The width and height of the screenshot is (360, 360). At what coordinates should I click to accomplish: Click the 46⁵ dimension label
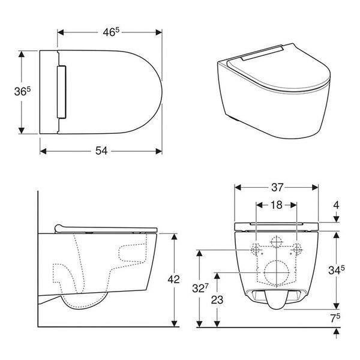(x=111, y=32)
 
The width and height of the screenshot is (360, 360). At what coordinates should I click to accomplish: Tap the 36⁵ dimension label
(x=22, y=91)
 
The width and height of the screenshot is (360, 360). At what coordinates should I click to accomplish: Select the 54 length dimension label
(x=101, y=151)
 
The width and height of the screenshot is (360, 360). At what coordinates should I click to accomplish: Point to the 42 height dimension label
(x=173, y=279)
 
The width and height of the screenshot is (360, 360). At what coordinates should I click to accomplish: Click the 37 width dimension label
(x=277, y=187)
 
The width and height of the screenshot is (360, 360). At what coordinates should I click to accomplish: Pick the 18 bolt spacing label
(x=277, y=205)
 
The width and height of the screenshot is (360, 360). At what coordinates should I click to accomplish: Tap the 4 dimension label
(x=337, y=205)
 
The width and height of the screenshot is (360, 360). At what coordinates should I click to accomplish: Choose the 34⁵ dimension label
(x=337, y=270)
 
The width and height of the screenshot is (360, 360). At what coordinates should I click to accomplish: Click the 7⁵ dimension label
(x=335, y=318)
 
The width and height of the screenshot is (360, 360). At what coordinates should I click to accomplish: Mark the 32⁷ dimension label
(x=200, y=288)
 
